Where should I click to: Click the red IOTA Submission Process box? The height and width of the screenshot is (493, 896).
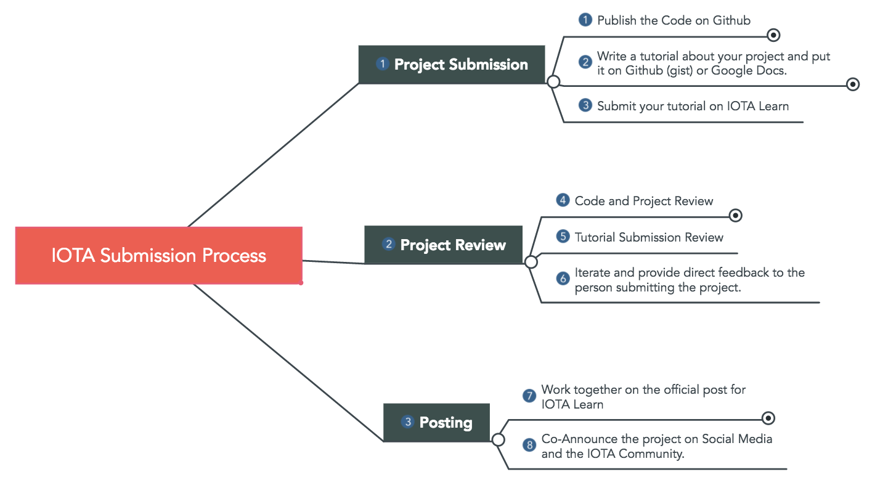[159, 255]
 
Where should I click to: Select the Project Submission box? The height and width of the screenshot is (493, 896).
[452, 65]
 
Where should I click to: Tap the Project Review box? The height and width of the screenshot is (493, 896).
[443, 245]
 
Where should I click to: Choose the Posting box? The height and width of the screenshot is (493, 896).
[436, 423]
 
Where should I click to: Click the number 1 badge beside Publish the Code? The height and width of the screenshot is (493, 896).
[585, 20]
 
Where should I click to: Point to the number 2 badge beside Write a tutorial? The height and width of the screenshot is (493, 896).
[585, 62]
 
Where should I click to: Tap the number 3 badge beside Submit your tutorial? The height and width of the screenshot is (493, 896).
[585, 105]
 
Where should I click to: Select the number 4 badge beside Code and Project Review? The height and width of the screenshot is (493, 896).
[563, 200]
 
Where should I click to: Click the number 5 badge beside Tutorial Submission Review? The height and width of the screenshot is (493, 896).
[563, 237]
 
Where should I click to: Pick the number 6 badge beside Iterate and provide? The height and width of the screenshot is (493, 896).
[563, 279]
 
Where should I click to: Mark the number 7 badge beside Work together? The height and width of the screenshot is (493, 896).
[529, 396]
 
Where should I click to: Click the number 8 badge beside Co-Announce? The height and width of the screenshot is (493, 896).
[529, 445]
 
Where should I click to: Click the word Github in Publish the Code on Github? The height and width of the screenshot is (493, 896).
[731, 20]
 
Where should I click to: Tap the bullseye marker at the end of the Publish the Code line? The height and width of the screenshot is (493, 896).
[773, 35]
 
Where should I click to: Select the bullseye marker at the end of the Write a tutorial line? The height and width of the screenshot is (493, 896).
[853, 84]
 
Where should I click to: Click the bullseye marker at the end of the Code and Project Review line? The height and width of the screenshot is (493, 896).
[735, 216]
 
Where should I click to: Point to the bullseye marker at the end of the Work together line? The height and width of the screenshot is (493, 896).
[768, 418]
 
